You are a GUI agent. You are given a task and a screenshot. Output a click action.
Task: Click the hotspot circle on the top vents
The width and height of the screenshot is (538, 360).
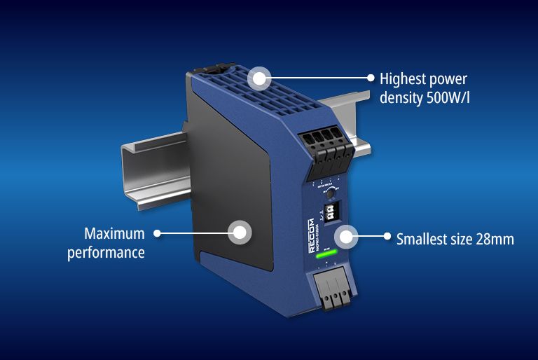point(260,77)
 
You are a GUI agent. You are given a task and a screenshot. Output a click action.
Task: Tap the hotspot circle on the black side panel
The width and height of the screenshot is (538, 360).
point(240,232)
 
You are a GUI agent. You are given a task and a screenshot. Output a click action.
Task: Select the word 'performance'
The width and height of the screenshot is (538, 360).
point(106,251)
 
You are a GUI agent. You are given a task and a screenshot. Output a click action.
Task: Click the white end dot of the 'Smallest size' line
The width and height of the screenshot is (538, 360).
point(387,236)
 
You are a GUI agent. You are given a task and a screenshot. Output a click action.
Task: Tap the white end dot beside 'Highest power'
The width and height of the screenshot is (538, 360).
point(371,77)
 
